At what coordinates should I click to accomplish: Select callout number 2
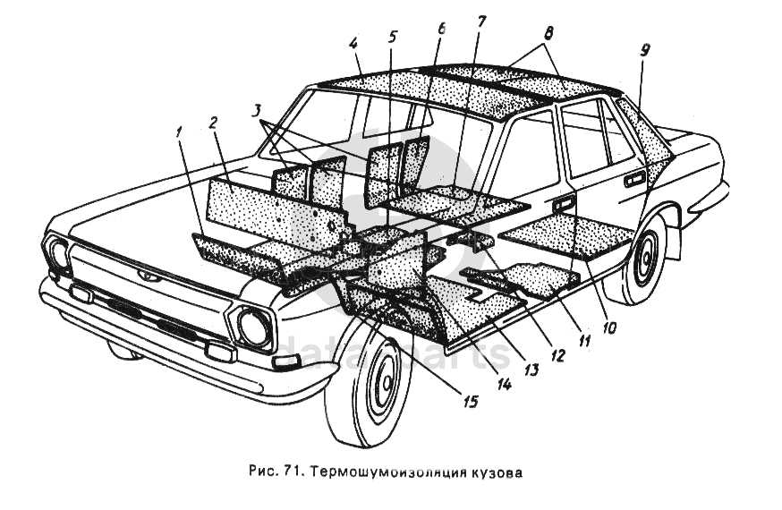(213, 124)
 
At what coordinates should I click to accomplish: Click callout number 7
(481, 20)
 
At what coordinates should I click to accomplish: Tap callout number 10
(608, 327)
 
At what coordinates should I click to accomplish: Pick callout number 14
(504, 385)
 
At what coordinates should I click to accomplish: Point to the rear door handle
(634, 181)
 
